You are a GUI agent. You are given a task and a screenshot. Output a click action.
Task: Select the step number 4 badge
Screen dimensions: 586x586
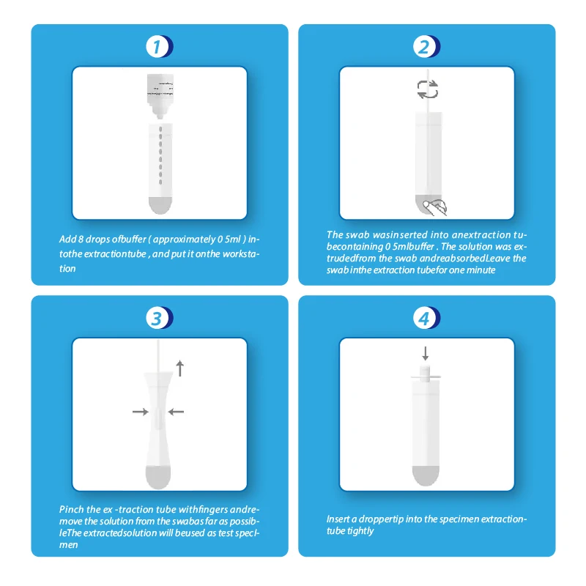coord(425,318)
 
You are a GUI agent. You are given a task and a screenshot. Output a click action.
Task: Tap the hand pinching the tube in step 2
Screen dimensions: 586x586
coord(438,207)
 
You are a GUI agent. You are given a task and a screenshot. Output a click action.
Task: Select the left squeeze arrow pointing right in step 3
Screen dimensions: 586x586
coord(140,412)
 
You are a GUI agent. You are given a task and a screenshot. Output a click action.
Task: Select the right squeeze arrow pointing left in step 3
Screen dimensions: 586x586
coord(177,412)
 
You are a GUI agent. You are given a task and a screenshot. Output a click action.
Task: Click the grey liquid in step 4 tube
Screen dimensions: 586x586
coord(426,475)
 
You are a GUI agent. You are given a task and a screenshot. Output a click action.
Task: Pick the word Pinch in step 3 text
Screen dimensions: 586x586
coord(72,509)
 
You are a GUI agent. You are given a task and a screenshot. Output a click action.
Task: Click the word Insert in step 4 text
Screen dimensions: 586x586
coord(338,519)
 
